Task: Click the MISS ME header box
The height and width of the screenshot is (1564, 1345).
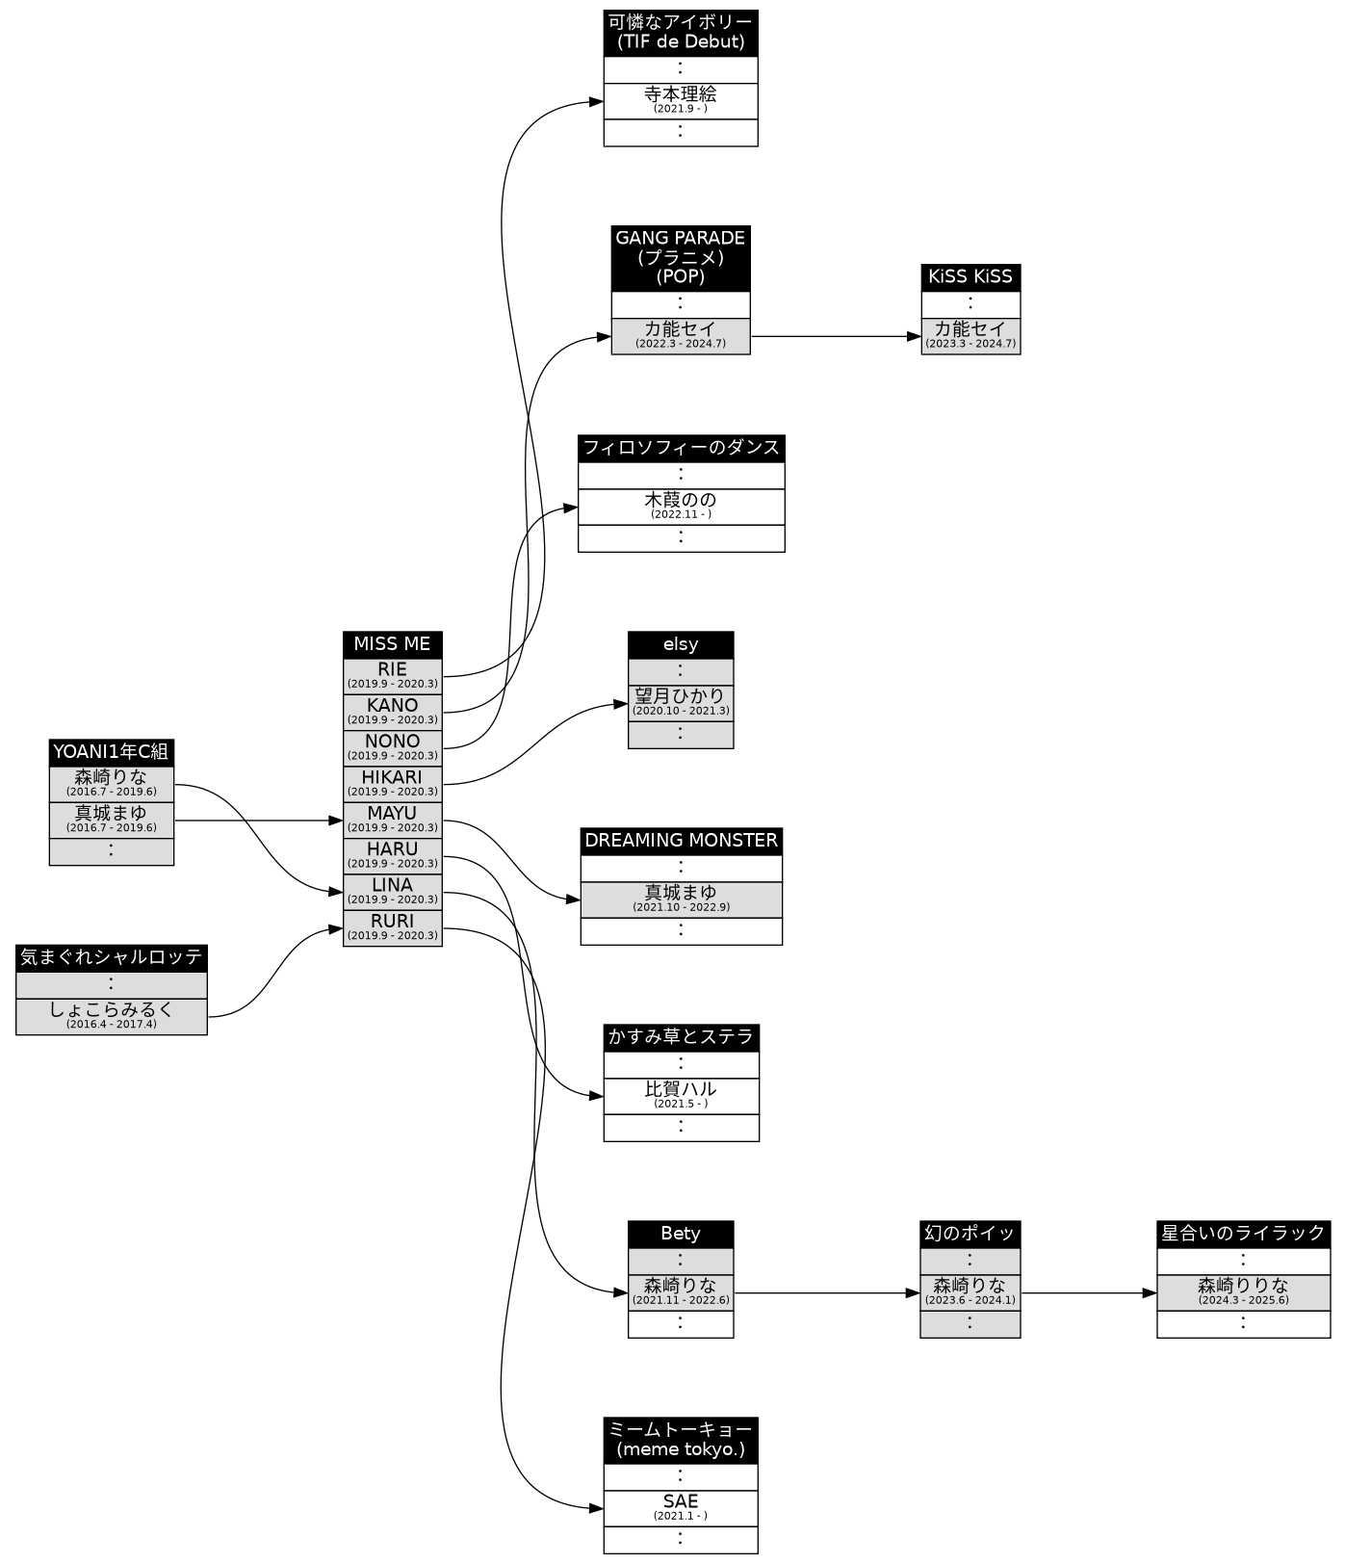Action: click(392, 644)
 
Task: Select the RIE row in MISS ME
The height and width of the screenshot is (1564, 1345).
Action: click(392, 675)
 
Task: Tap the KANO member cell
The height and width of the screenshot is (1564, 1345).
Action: click(392, 711)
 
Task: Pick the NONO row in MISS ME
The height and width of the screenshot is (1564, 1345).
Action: click(392, 746)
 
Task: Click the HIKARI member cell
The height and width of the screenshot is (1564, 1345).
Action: click(392, 783)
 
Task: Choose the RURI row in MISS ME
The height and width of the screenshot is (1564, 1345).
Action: click(392, 926)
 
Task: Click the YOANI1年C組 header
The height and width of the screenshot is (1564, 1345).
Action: click(111, 752)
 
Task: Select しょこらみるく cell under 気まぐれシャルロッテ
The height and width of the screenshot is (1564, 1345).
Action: click(111, 1016)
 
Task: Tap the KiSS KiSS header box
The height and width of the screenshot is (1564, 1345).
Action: click(970, 277)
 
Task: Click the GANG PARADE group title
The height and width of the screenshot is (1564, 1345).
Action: click(680, 257)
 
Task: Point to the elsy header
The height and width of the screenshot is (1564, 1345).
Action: click(680, 644)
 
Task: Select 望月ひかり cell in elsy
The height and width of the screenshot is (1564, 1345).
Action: click(680, 701)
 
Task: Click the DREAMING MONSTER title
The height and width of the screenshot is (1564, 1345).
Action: click(680, 841)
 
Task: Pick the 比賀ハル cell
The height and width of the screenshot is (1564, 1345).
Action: click(680, 1095)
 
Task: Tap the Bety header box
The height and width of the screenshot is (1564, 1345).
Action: click(680, 1234)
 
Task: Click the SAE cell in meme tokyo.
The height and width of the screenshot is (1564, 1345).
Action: click(680, 1507)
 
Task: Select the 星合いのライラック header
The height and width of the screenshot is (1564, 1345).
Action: click(1242, 1234)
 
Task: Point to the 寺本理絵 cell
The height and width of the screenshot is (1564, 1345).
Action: click(680, 100)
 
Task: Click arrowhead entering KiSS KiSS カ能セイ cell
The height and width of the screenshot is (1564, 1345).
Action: click(915, 336)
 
